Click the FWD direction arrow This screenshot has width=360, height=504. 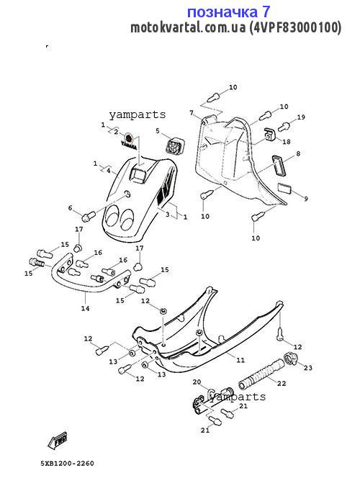pyautogui.click(x=57, y=441)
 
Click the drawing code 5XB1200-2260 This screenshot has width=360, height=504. pyautogui.click(x=67, y=464)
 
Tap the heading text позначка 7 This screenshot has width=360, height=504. pyautogui.click(x=228, y=12)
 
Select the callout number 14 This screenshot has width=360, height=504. pyautogui.click(x=85, y=308)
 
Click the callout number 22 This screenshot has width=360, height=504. pyautogui.click(x=282, y=383)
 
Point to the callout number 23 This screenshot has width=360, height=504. pyautogui.click(x=308, y=367)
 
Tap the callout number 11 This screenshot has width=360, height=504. pyautogui.click(x=240, y=360)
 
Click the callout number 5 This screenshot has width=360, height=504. pyautogui.click(x=158, y=131)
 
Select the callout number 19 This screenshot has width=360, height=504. pyautogui.click(x=300, y=117)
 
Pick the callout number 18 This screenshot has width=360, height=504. pyautogui.click(x=286, y=141)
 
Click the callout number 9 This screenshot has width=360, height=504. pyautogui.click(x=306, y=199)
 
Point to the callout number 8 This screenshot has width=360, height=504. pyautogui.click(x=298, y=153)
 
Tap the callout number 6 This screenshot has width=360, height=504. pyautogui.click(x=70, y=208)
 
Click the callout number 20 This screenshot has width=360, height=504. pyautogui.click(x=197, y=382)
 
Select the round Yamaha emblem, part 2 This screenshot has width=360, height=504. pyautogui.click(x=129, y=138)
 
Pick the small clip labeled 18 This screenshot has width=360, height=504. pyautogui.click(x=269, y=135)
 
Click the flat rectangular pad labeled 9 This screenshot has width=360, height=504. pyautogui.click(x=284, y=188)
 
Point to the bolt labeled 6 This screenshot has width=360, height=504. pyautogui.click(x=89, y=216)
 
